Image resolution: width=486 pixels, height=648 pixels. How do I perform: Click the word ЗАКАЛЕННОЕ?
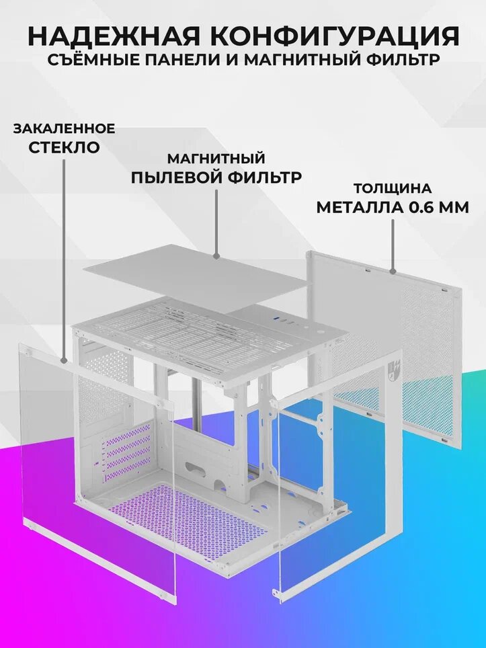[x=64, y=128]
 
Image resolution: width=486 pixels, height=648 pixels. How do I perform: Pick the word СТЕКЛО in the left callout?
[x=64, y=147]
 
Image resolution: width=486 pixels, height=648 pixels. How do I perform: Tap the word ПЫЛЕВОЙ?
[x=177, y=177]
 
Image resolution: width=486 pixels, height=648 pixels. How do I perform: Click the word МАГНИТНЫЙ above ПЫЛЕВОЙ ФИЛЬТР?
[x=216, y=159]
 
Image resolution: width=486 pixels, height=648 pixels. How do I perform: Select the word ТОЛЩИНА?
[x=393, y=188]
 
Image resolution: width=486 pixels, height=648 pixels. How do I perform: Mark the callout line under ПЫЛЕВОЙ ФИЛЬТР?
[x=216, y=222]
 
